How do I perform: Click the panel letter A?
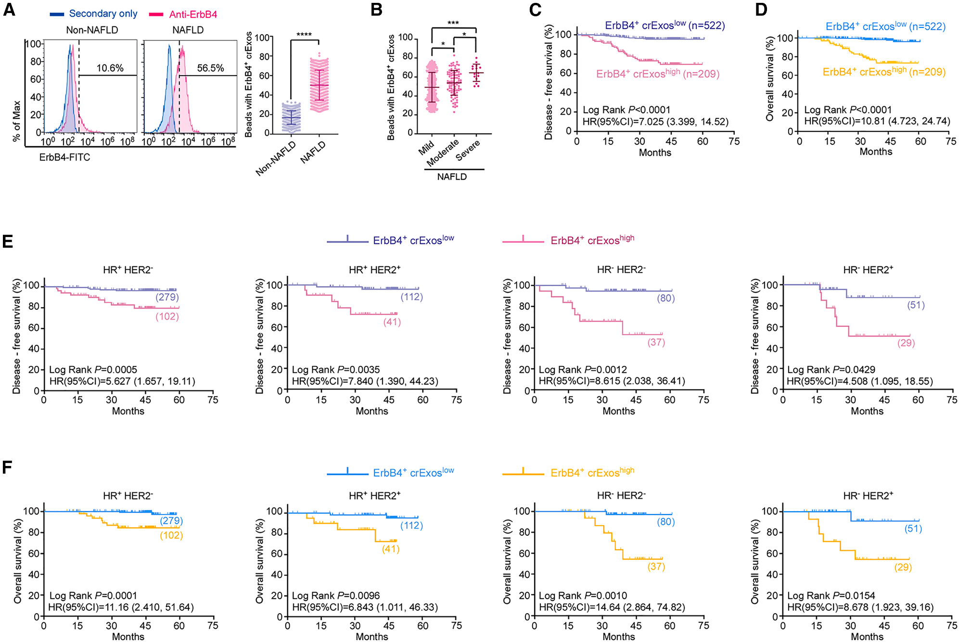(x=9, y=10)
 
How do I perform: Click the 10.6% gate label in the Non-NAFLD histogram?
(x=110, y=68)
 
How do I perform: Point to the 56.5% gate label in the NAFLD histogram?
(x=210, y=68)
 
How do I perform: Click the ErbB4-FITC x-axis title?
(x=64, y=157)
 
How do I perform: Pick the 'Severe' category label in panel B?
(x=468, y=151)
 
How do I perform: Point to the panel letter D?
(x=761, y=10)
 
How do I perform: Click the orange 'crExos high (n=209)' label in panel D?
(x=884, y=72)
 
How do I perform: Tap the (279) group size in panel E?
(x=167, y=297)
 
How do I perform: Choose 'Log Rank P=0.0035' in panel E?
(x=336, y=370)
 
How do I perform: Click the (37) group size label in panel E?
(x=656, y=342)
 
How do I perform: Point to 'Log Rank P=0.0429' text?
(x=831, y=370)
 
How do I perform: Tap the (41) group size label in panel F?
(x=391, y=549)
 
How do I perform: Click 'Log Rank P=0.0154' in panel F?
(x=831, y=596)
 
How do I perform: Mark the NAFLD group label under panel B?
(x=452, y=176)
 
